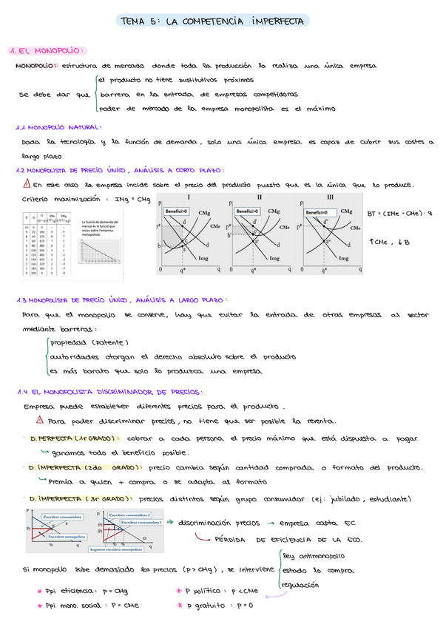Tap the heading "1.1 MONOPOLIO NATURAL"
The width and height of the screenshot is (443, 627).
pos(59,127)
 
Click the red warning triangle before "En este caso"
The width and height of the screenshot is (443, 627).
pos(27,185)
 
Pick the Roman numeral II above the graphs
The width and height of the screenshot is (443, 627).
pos(259,197)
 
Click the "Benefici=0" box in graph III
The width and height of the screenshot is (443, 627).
pos(319,211)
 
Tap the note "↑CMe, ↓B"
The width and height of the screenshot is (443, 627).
pos(390,242)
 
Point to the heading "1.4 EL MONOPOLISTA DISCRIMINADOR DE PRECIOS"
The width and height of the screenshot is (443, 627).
pos(109,392)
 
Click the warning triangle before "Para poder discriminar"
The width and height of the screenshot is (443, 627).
pos(40,421)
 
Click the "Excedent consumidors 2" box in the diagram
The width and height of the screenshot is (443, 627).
pos(130,514)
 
